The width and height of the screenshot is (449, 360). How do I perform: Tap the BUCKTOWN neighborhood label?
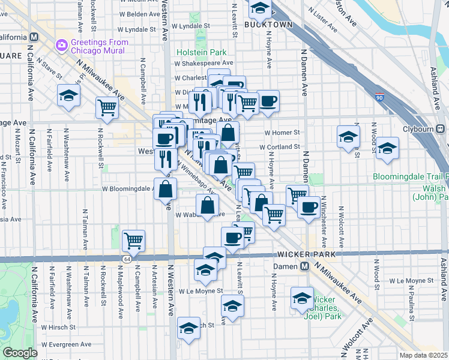pyautogui.click(x=268, y=25)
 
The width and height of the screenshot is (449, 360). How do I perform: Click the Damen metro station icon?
pyautogui.click(x=305, y=266)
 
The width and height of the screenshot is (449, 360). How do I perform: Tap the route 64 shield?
pyautogui.click(x=127, y=259)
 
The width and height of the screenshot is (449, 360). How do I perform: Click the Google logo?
pyautogui.click(x=20, y=353)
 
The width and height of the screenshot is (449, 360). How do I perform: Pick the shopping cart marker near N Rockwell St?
pyautogui.click(x=107, y=108)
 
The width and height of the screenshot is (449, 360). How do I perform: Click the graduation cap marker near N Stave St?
pyautogui.click(x=69, y=95)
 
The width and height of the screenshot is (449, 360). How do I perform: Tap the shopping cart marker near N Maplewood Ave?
pyautogui.click(x=133, y=241)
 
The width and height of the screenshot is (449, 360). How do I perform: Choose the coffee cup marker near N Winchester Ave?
pyautogui.click(x=309, y=207)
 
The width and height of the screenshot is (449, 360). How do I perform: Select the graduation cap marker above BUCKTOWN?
pyautogui.click(x=259, y=8)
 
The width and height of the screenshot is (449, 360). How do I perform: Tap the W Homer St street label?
pyautogui.click(x=281, y=133)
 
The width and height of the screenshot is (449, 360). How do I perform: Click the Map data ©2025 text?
pyautogui.click(x=424, y=355)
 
